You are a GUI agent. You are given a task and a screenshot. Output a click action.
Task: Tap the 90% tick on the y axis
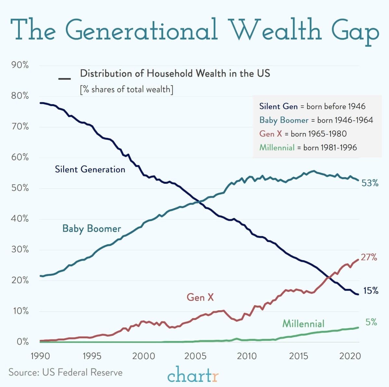click(x=20, y=65)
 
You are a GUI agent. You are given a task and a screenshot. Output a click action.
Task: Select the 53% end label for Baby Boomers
click(x=370, y=183)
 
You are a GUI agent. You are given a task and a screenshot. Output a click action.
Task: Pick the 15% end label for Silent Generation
click(x=370, y=290)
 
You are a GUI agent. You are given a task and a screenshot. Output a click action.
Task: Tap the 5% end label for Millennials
click(x=371, y=322)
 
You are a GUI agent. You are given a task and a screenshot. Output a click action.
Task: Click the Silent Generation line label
click(x=90, y=169)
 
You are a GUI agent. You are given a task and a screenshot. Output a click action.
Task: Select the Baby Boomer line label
click(x=92, y=229)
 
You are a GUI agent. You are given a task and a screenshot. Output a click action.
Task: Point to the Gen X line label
click(x=200, y=297)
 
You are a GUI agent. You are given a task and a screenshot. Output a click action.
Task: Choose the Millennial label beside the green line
click(x=303, y=324)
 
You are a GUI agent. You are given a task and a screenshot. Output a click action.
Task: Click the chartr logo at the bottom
click(x=193, y=375)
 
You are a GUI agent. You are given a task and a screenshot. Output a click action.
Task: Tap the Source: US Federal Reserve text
click(x=66, y=372)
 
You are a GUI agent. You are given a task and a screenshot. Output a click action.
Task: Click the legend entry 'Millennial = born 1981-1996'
click(x=308, y=148)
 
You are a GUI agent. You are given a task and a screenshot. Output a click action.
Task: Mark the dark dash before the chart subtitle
click(x=65, y=79)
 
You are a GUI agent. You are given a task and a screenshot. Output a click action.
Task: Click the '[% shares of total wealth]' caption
click(x=127, y=89)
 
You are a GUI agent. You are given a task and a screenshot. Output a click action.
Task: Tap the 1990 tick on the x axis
click(x=40, y=356)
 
